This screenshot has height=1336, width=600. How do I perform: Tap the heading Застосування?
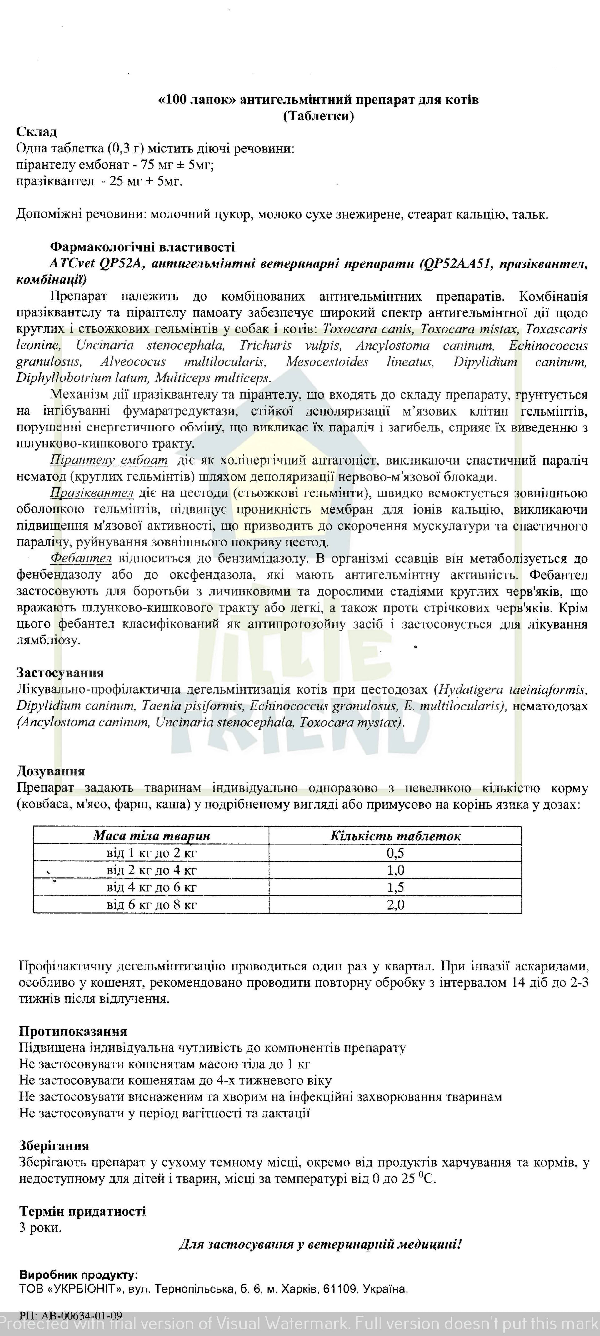[x=60, y=673]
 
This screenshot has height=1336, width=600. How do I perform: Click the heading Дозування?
[x=51, y=771]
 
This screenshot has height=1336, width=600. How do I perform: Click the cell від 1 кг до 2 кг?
[x=152, y=853]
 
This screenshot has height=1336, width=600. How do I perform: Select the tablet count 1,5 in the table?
[x=395, y=887]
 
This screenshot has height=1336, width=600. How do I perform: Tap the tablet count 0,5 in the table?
[x=395, y=853]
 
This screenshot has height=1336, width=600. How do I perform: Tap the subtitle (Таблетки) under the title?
[x=318, y=116]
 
